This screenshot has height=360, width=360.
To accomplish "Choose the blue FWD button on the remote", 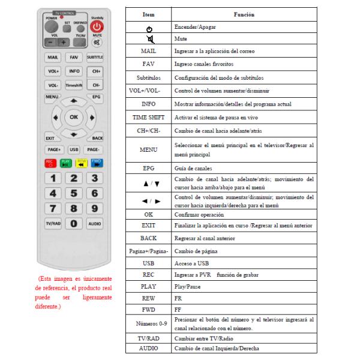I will [x=96, y=162].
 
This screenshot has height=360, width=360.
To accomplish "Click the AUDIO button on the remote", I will [x=95, y=223].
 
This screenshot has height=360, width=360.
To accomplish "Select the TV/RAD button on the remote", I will [x=53, y=223].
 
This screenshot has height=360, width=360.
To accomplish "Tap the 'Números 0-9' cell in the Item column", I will [x=149, y=324].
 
